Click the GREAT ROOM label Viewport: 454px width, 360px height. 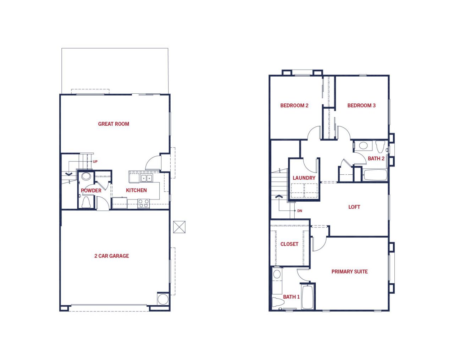pyautogui.click(x=113, y=124)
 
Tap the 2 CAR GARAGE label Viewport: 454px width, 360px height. pyautogui.click(x=112, y=256)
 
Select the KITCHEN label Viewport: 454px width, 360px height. pyautogui.click(x=136, y=190)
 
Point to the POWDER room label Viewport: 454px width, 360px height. pyautogui.click(x=91, y=190)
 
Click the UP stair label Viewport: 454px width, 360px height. pyautogui.click(x=95, y=162)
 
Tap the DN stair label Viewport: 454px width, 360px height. pyautogui.click(x=300, y=211)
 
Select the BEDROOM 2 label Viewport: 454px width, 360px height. pyautogui.click(x=294, y=105)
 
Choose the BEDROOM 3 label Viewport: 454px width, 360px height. pyautogui.click(x=361, y=105)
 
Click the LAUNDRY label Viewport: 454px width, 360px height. pyautogui.click(x=304, y=178)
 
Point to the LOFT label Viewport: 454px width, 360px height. pyautogui.click(x=354, y=207)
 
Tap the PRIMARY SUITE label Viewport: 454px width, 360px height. pyautogui.click(x=350, y=272)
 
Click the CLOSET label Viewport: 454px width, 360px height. pyautogui.click(x=289, y=244)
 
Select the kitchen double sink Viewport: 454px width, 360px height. pyautogui.click(x=146, y=178)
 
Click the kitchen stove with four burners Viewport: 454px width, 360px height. pyautogui.click(x=143, y=204)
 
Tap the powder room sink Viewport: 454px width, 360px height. pyautogui.click(x=86, y=176)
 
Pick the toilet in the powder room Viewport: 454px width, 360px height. pyautogui.click(x=86, y=202)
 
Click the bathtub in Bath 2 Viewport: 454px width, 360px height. pyautogui.click(x=375, y=175)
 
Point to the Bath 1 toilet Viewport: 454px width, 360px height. pyautogui.click(x=276, y=302)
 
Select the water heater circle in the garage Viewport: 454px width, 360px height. pyautogui.click(x=163, y=299)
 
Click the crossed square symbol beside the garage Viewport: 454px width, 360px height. pyautogui.click(x=179, y=227)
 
